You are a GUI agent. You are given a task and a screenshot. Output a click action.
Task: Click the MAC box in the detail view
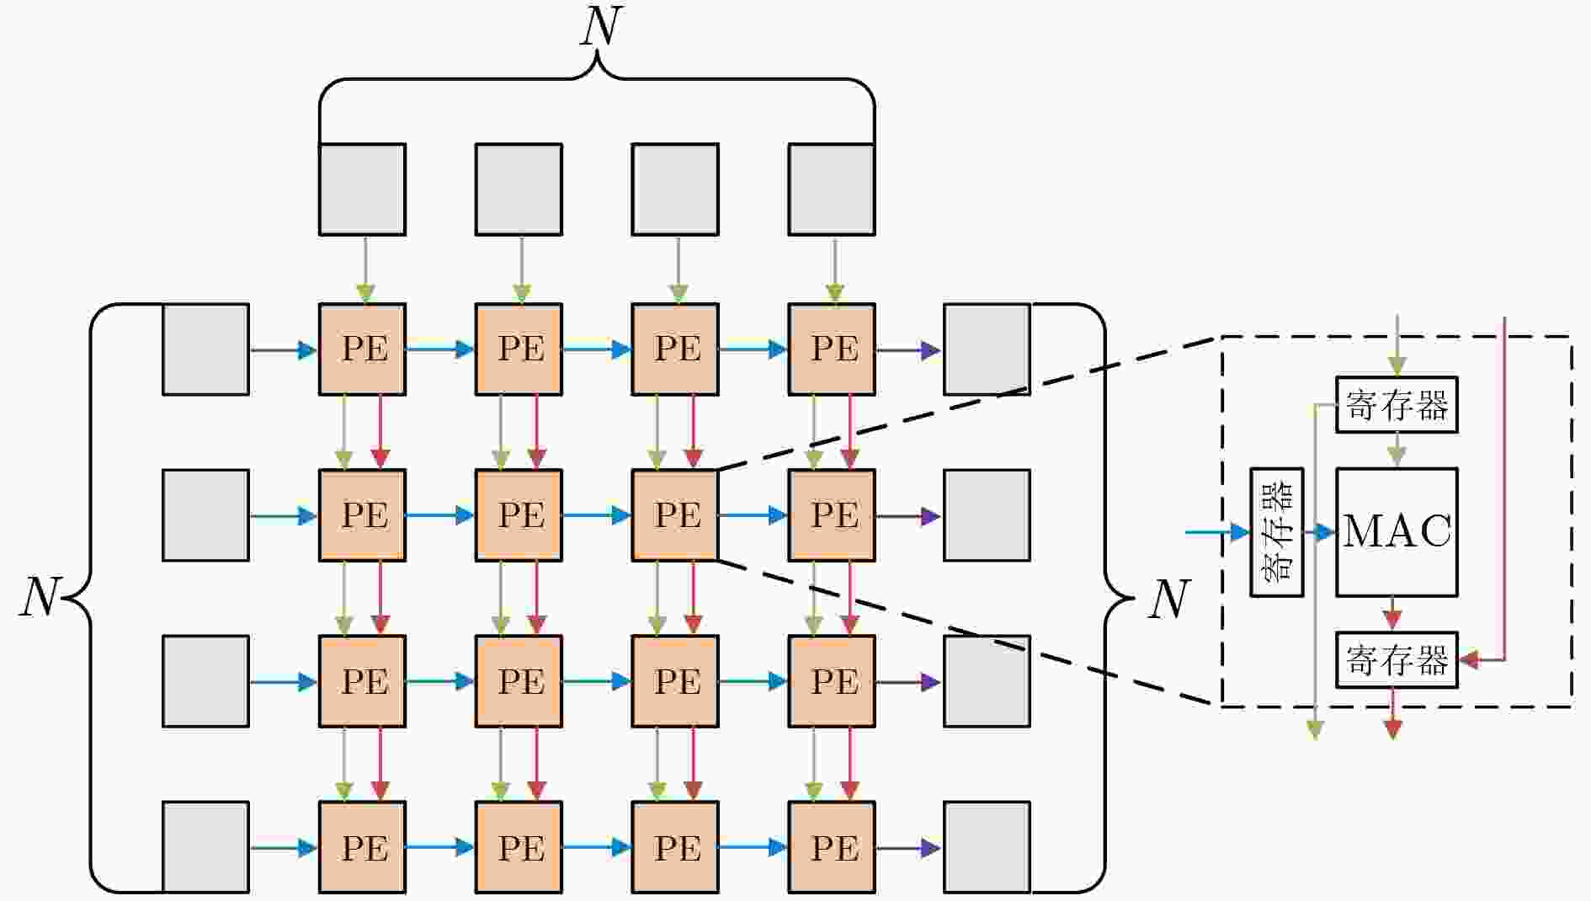1397,532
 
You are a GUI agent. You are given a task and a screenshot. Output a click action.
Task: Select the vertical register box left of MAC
1277,532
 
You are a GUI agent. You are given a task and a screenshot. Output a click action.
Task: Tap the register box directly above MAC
1397,405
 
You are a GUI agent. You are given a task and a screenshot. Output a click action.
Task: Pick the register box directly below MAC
1397,659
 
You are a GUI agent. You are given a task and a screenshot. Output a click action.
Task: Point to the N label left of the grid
40,597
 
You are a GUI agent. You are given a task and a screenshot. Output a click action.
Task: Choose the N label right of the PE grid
1169,600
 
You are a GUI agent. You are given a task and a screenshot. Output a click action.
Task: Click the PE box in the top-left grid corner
362,349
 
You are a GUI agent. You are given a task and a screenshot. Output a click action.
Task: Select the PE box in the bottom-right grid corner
832,847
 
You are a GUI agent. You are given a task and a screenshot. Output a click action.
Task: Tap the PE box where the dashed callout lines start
675,514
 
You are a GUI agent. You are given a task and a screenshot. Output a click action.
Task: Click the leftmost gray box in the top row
362,189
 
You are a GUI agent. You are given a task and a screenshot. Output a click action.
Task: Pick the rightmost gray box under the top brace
832,189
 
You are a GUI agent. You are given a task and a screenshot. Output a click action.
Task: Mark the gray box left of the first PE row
205,349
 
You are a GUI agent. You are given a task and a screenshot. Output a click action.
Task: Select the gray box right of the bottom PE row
987,847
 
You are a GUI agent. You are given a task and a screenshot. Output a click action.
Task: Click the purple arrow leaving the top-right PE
909,349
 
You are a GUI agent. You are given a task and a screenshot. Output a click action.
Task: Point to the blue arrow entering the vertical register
1217,532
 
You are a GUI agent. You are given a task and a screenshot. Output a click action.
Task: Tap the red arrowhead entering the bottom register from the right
1469,660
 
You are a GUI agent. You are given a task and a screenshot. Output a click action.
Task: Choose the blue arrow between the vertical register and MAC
1320,532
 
